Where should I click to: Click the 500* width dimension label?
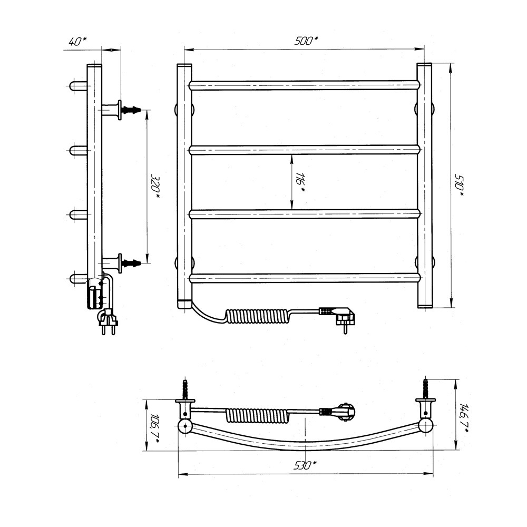(x=306, y=41)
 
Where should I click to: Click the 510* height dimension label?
(x=459, y=185)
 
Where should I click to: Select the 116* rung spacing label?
(x=300, y=182)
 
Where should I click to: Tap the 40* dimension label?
(x=77, y=41)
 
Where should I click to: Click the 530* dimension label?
(x=305, y=465)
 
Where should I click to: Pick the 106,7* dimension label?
(x=154, y=425)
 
